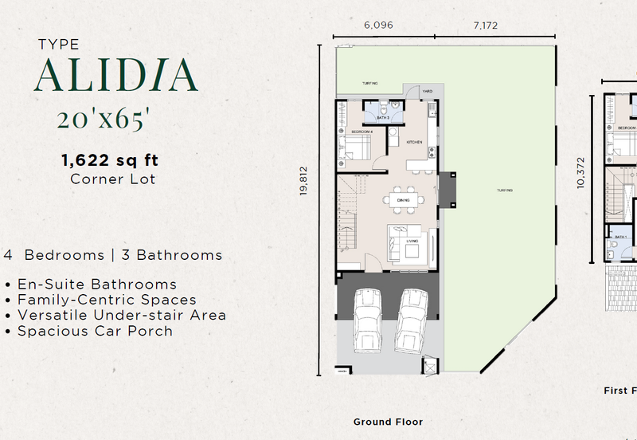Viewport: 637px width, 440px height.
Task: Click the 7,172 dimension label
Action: [485, 26]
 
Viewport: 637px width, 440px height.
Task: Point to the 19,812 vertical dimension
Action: [304, 187]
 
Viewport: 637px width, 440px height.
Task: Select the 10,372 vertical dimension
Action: [580, 182]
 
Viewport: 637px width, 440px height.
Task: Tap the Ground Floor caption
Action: [388, 422]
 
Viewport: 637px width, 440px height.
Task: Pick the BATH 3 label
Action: [382, 118]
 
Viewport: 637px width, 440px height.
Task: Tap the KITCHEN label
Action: [414, 142]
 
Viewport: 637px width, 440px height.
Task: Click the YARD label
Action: [427, 92]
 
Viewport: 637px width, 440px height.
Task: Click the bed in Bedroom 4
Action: [354, 148]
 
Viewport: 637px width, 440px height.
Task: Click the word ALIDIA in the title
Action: [115, 76]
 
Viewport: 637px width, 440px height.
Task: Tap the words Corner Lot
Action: [112, 179]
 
